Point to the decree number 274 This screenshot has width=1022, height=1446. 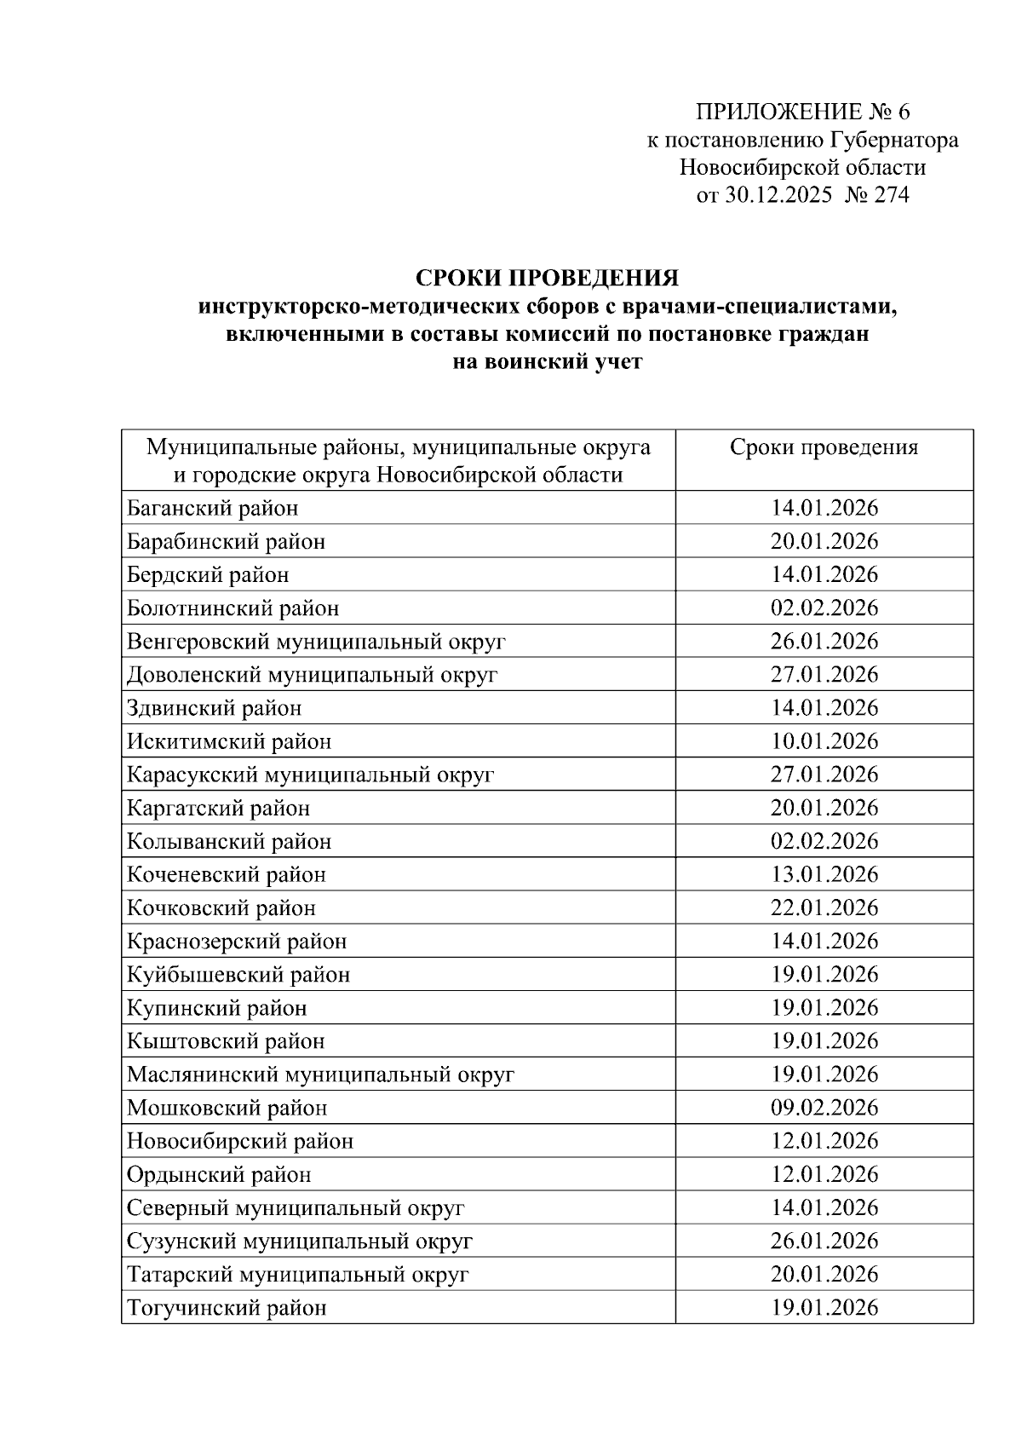tap(891, 196)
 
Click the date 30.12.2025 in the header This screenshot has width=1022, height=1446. tap(778, 196)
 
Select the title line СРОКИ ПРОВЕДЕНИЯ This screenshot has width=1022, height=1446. tap(547, 279)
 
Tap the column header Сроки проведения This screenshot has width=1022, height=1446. tap(824, 448)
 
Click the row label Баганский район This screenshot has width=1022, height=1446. tap(213, 509)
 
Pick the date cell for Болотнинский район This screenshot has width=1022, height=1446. tap(824, 608)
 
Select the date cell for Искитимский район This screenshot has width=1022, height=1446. tap(824, 741)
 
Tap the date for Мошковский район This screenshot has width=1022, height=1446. tap(824, 1108)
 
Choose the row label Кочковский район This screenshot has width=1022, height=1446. tap(221, 908)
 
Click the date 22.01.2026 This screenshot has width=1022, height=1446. tap(824, 908)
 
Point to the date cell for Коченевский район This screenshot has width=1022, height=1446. tap(824, 875)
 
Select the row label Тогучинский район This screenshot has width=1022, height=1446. tap(227, 1308)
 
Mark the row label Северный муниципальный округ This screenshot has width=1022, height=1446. tap(296, 1208)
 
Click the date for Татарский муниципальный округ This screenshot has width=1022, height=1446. tap(824, 1275)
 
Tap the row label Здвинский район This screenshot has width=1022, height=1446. tap(215, 708)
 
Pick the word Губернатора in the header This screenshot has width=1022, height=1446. tap(893, 141)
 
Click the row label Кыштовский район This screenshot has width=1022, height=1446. tap(226, 1041)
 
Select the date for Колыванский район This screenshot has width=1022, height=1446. tap(824, 842)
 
